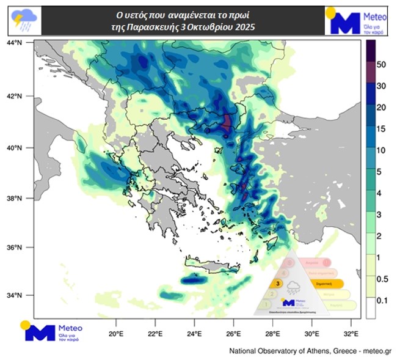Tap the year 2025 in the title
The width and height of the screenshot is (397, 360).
click(x=243, y=28)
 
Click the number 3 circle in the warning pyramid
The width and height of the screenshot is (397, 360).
click(x=279, y=284)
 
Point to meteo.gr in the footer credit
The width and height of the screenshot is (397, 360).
click(x=378, y=351)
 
